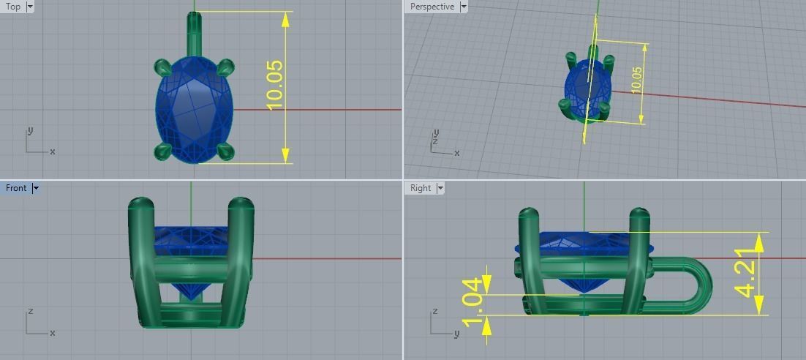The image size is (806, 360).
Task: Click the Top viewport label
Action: tap(13, 7)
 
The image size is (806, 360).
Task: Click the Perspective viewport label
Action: tap(432, 7)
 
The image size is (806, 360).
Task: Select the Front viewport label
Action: tap(16, 188)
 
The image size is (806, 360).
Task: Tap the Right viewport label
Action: tap(421, 188)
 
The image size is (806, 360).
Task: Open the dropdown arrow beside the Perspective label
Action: tap(464, 7)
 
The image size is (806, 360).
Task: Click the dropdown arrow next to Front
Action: tap(35, 188)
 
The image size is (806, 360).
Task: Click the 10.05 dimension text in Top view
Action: tap(275, 86)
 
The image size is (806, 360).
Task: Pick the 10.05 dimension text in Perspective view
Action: tap(636, 79)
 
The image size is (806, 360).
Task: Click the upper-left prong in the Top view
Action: tap(163, 67)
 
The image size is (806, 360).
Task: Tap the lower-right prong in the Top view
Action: tap(225, 151)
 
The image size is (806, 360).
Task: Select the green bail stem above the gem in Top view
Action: tap(194, 33)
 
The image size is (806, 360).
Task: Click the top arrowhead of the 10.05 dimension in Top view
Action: tap(285, 18)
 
